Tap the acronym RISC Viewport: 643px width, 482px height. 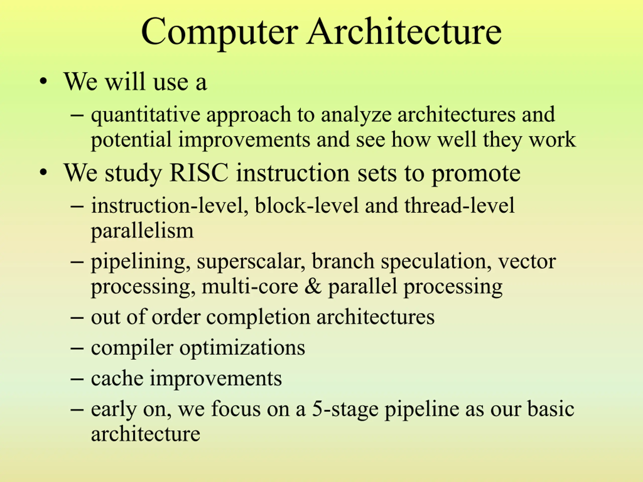pos(199,172)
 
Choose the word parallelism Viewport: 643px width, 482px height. pos(142,231)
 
